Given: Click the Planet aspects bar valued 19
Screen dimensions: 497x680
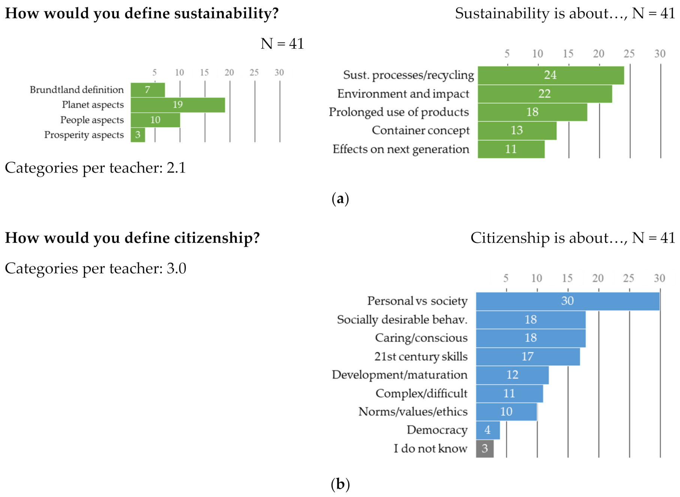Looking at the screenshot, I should click(x=178, y=105).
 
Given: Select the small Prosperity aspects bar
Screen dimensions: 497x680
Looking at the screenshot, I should click(x=138, y=135).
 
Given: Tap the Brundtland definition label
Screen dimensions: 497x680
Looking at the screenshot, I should click(x=77, y=90).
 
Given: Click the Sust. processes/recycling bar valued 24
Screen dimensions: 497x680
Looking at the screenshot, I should click(x=550, y=75).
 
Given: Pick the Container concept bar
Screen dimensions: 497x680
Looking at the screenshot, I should click(x=517, y=130).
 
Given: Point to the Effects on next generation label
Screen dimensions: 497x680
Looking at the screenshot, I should click(x=401, y=149).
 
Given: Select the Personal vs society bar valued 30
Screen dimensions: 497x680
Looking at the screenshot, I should click(x=567, y=301).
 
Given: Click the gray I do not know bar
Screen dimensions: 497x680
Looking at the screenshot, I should click(x=484, y=448).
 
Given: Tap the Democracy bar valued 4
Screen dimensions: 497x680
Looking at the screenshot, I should click(x=487, y=430).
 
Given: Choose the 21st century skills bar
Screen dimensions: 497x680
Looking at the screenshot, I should click(x=527, y=356).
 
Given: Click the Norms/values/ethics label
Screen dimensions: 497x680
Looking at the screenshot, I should click(x=413, y=412).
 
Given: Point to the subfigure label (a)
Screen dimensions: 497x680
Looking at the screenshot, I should click(x=340, y=199).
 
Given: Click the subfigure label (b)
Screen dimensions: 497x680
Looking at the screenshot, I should click(x=340, y=484).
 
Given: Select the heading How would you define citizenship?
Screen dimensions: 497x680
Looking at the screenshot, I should click(x=132, y=238).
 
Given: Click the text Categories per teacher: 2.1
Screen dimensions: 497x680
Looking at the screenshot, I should click(x=95, y=168).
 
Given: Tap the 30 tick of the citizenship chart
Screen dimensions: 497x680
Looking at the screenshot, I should click(x=659, y=278).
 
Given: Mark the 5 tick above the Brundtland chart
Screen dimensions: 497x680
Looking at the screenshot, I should click(x=154, y=72).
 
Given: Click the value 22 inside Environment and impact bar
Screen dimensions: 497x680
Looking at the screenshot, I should click(x=544, y=94).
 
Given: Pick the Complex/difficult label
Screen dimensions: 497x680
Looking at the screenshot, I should click(x=421, y=393).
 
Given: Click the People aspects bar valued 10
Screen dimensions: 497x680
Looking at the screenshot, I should click(x=155, y=120).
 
